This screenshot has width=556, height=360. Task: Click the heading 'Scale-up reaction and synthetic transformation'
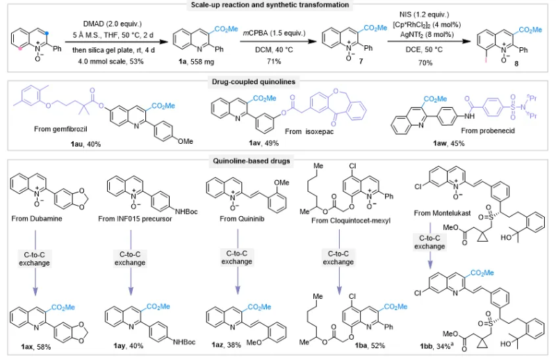tap(278, 6)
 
